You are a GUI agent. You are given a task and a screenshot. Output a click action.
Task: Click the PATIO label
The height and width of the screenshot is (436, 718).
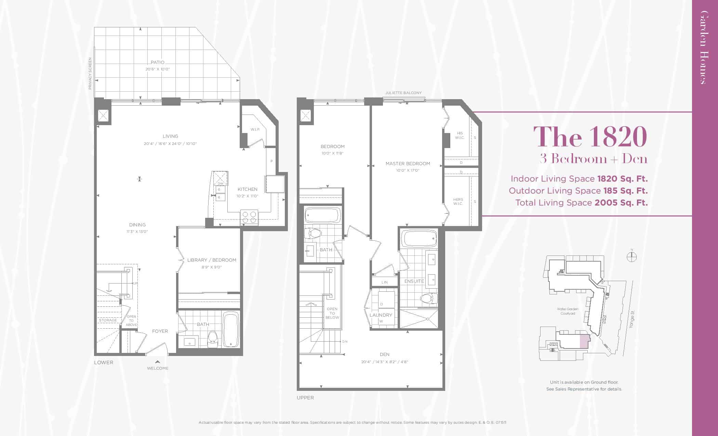(158, 62)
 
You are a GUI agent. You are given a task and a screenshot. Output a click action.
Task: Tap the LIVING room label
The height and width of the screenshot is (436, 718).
(170, 136)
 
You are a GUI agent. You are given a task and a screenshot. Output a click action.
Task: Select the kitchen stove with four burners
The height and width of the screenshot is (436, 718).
(249, 217)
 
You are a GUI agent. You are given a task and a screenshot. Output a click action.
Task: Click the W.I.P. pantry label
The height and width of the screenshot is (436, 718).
(255, 130)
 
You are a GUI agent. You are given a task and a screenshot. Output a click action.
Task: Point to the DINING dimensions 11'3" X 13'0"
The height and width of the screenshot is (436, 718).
(137, 232)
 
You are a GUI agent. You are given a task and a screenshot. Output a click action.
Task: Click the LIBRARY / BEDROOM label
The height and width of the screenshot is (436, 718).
(212, 260)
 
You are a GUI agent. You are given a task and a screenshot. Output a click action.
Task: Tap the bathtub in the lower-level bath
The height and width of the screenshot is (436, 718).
(231, 330)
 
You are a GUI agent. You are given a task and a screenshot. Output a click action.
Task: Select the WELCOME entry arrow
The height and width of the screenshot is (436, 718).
(157, 361)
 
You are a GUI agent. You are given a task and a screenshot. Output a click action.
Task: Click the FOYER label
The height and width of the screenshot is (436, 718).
(160, 331)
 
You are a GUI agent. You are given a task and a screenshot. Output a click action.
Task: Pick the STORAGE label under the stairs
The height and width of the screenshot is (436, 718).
(108, 320)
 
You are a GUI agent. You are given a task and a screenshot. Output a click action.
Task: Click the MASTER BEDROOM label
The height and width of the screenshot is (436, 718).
(408, 163)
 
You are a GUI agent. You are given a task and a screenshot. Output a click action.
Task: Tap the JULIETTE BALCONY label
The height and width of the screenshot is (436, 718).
(403, 93)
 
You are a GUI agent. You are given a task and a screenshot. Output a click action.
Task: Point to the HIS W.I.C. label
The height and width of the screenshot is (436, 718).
(460, 135)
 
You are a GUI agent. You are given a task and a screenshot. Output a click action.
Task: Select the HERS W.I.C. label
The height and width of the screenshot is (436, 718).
(458, 201)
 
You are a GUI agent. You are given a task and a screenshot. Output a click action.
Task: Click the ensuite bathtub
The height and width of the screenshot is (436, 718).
(419, 239)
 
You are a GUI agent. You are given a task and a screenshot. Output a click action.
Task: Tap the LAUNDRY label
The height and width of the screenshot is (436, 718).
(381, 315)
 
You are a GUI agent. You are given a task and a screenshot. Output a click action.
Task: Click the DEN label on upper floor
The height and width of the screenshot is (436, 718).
(385, 354)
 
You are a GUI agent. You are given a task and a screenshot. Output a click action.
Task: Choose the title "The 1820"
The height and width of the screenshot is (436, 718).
(590, 136)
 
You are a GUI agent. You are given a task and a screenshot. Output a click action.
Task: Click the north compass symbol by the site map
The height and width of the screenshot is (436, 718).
(632, 257)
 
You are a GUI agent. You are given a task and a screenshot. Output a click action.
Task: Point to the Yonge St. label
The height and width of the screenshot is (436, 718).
(632, 319)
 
